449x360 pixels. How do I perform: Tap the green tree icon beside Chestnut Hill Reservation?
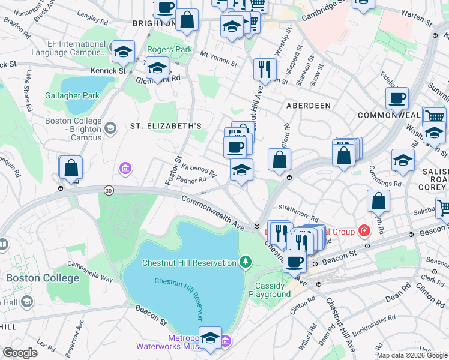click(245, 262)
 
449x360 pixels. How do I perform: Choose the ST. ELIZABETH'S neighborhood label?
click(166, 125)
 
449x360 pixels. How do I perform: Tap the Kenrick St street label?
click(108, 70)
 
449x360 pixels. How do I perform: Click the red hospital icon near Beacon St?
click(364, 230)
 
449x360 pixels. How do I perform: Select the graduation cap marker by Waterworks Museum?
click(210, 338)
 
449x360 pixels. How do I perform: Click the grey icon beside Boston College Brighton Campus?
click(110, 128)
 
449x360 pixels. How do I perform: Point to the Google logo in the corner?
click(20, 353)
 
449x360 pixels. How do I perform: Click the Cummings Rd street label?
click(385, 183)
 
